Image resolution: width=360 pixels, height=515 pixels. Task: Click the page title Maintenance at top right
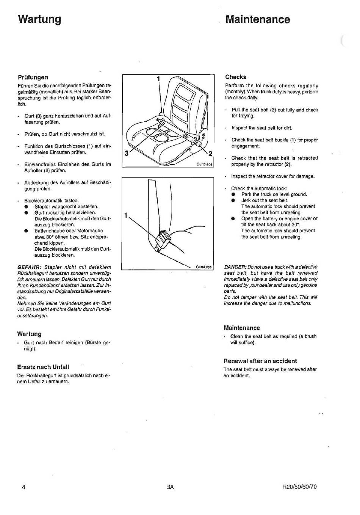[258, 19]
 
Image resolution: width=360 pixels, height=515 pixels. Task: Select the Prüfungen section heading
[33, 77]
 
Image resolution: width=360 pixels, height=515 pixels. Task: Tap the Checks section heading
[235, 77]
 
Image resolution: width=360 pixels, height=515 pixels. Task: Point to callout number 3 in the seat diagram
[126, 153]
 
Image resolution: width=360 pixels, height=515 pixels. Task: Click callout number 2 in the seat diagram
[210, 154]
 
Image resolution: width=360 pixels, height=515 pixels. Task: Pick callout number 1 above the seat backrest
[158, 79]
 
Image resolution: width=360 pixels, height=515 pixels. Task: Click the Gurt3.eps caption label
[204, 164]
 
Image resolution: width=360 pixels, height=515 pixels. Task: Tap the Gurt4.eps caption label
[203, 267]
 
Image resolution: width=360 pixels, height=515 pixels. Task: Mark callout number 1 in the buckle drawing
[125, 215]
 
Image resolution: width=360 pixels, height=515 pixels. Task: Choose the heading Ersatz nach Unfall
[43, 367]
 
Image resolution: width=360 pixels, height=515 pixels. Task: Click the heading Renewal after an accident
[260, 361]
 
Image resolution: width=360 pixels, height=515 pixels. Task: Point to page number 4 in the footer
[23, 487]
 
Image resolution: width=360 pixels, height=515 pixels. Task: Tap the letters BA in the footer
[170, 487]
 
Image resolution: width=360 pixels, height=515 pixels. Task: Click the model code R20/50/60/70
[300, 487]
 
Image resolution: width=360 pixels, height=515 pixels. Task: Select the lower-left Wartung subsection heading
[29, 334]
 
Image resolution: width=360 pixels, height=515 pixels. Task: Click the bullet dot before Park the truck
[233, 194]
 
